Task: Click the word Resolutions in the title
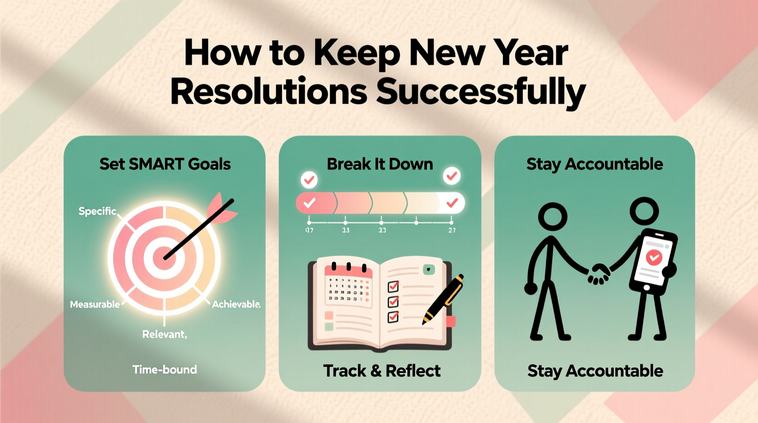(x=269, y=91)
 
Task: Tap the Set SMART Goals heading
(x=165, y=164)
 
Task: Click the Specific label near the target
(x=97, y=211)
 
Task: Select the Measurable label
(x=95, y=304)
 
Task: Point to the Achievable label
(x=236, y=304)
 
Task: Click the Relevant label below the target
(x=164, y=335)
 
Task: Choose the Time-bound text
(x=164, y=370)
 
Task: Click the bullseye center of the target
(x=163, y=258)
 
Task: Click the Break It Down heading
(x=380, y=164)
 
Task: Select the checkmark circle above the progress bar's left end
(x=309, y=180)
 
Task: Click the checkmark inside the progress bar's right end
(x=452, y=203)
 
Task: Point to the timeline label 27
(x=451, y=230)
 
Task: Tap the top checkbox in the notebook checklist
(x=393, y=286)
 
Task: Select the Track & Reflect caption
(x=382, y=371)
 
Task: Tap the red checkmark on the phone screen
(x=654, y=258)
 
